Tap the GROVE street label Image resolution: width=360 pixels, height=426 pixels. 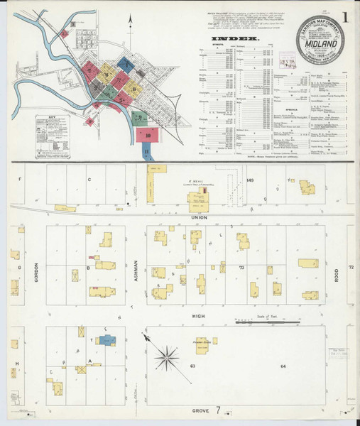199,410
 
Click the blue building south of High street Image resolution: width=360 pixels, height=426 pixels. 107,340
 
